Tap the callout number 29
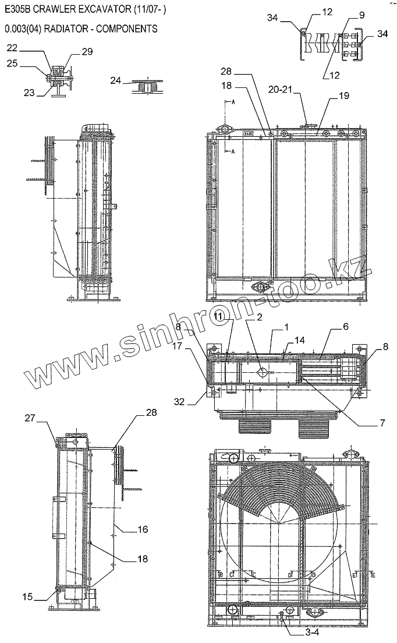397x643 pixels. [87, 52]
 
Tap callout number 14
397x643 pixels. [299, 340]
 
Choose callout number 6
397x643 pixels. [345, 327]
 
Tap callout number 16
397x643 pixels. [142, 529]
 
